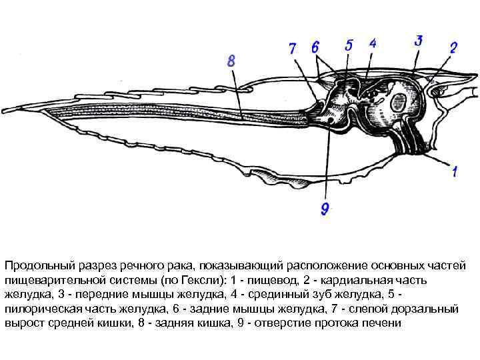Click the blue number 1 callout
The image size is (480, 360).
click(455, 171)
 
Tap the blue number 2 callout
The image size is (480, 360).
click(453, 47)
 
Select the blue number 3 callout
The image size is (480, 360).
click(418, 40)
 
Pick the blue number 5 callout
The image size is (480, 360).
click(349, 45)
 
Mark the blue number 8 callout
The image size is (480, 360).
click(231, 61)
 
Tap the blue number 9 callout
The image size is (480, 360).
click(325, 209)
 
